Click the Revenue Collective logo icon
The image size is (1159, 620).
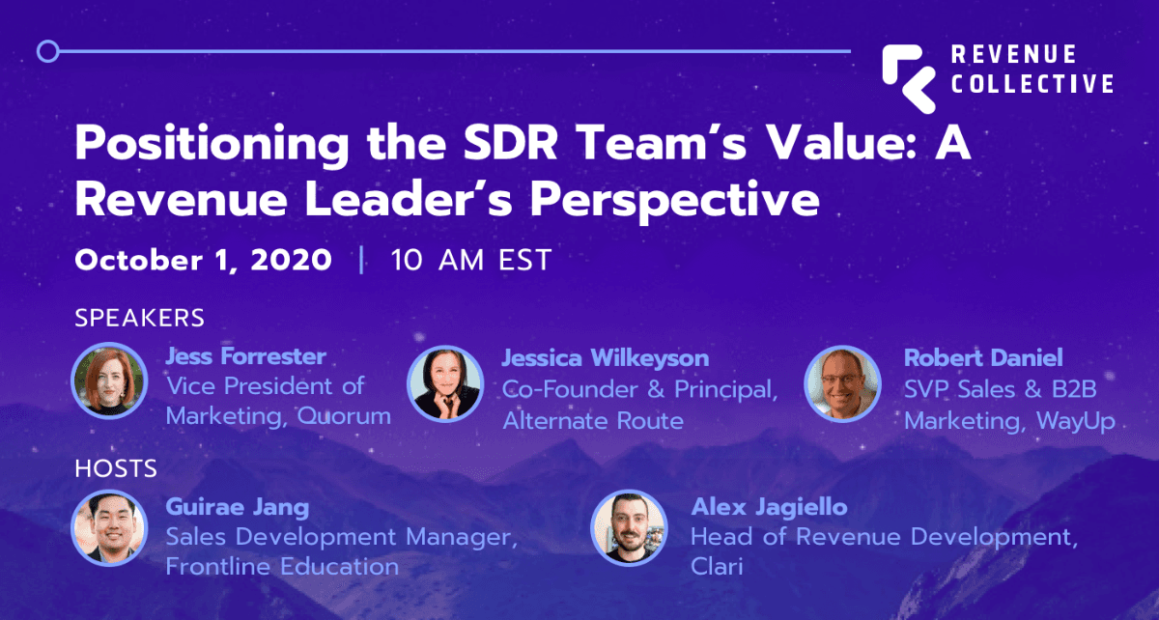(x=909, y=78)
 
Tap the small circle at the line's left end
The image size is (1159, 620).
(x=48, y=51)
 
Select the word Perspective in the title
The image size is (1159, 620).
(x=675, y=201)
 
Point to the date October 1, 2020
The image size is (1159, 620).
(x=204, y=260)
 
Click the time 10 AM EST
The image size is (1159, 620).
(x=471, y=260)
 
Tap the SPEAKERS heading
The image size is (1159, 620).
(x=140, y=318)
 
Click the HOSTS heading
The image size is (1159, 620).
(x=116, y=469)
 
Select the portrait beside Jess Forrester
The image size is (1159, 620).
(x=110, y=380)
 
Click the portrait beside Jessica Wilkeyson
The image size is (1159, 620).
(x=445, y=383)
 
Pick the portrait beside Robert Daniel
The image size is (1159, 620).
(x=842, y=383)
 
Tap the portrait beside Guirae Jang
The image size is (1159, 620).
(x=110, y=528)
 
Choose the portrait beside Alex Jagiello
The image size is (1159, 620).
(x=629, y=528)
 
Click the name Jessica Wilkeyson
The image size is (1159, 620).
(x=606, y=358)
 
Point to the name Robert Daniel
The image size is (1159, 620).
(x=983, y=357)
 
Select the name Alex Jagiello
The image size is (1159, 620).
(x=769, y=507)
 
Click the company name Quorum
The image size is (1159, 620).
(x=344, y=416)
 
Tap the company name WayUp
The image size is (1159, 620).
(x=1076, y=421)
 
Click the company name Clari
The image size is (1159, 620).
(x=717, y=566)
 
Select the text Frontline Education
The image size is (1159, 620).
(x=282, y=566)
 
